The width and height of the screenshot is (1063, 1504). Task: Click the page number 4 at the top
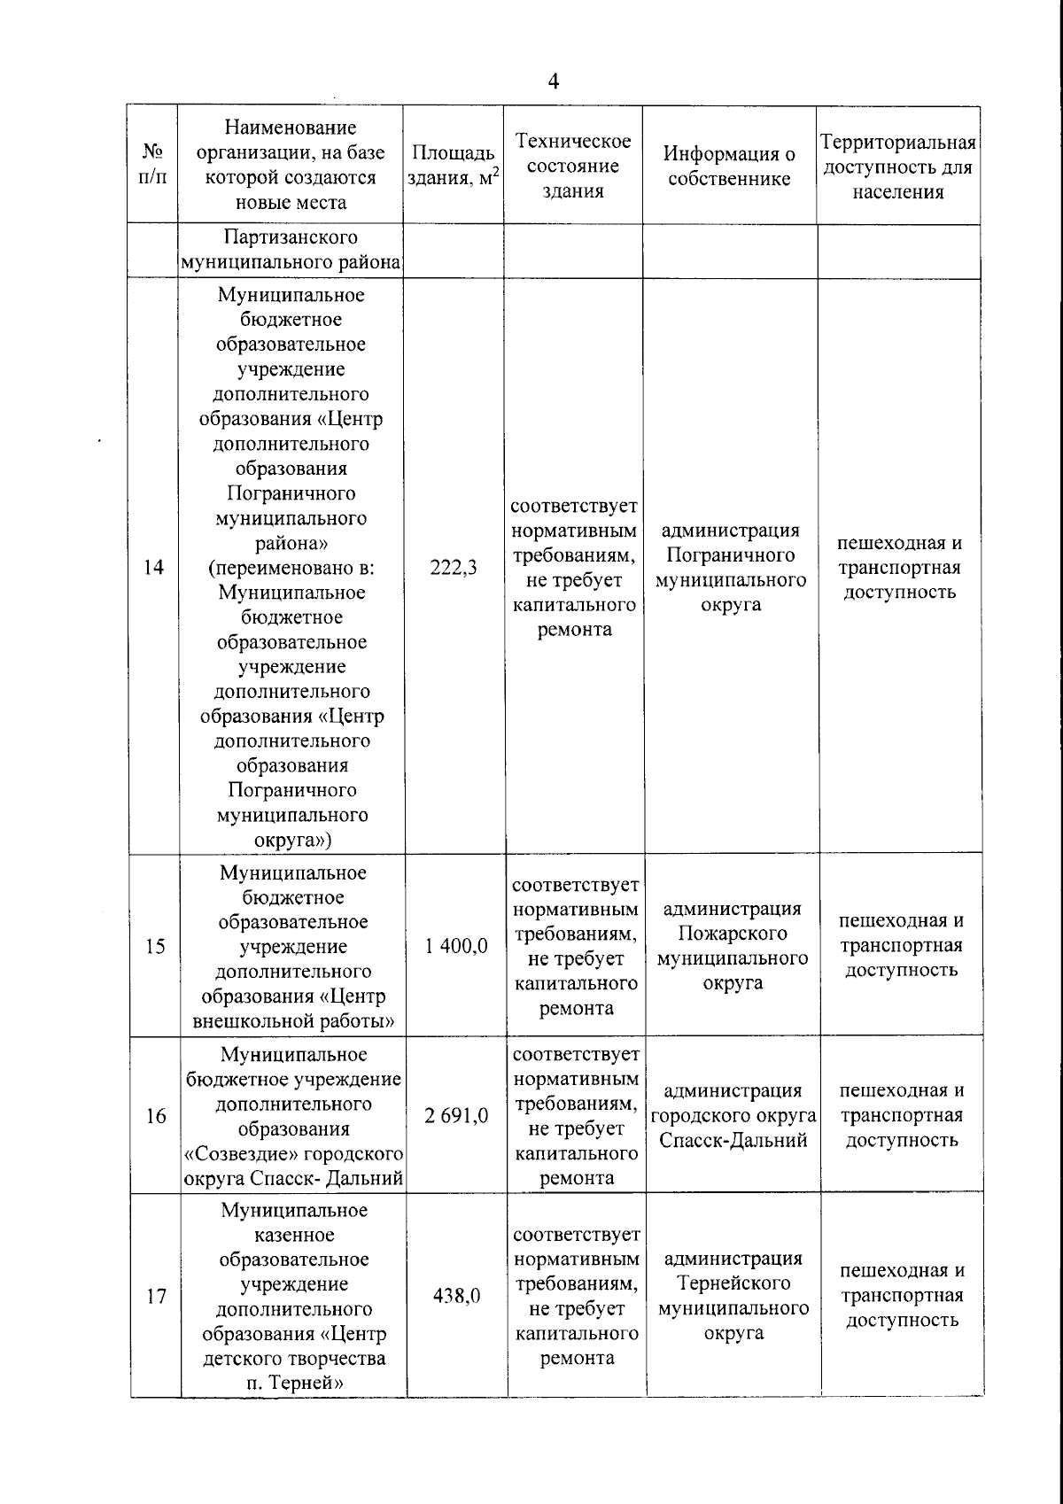pyautogui.click(x=554, y=82)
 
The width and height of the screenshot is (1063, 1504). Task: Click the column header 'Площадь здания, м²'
pyautogui.click(x=453, y=166)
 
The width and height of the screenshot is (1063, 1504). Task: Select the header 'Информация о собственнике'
pyautogui.click(x=729, y=166)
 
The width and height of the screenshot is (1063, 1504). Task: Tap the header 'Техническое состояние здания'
pyautogui.click(x=573, y=166)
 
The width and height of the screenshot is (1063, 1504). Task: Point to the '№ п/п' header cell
pyautogui.click(x=153, y=164)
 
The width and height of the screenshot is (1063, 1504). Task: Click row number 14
pyautogui.click(x=154, y=568)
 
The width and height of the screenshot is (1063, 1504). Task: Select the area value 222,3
pyautogui.click(x=454, y=568)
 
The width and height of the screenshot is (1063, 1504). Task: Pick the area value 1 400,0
pyautogui.click(x=456, y=946)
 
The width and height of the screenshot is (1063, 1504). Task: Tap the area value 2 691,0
pyautogui.click(x=456, y=1116)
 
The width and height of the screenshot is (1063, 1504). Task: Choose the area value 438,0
pyautogui.click(x=457, y=1296)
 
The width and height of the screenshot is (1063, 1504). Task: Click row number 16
pyautogui.click(x=156, y=1116)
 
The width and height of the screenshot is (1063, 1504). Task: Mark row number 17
pyautogui.click(x=157, y=1297)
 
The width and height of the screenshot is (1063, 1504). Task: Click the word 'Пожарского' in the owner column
pyautogui.click(x=733, y=934)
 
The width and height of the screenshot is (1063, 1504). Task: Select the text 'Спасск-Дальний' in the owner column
pyautogui.click(x=733, y=1141)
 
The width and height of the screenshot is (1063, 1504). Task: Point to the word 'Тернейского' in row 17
pyautogui.click(x=733, y=1283)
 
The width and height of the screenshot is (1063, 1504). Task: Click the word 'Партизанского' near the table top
pyautogui.click(x=291, y=237)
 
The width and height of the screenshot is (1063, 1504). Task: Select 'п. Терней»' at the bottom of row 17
pyautogui.click(x=294, y=1384)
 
